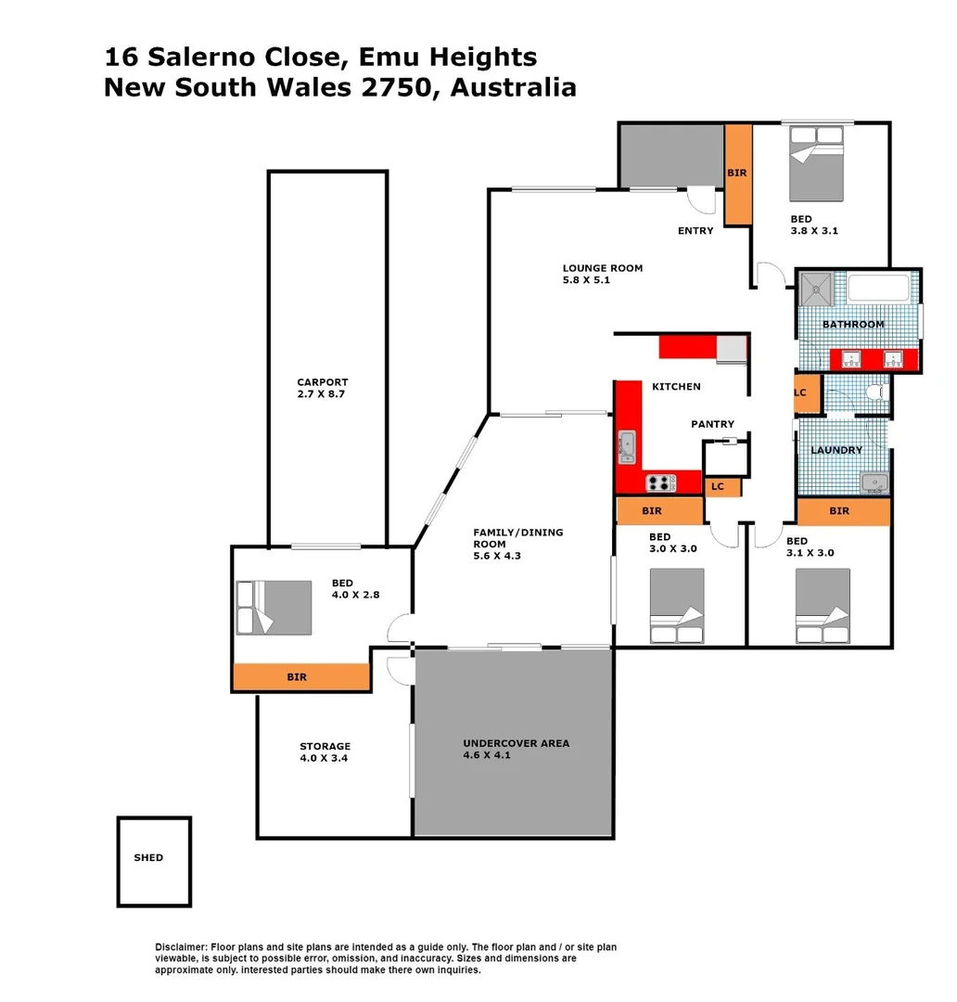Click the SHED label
coord(148,858)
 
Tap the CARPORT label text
coord(323,382)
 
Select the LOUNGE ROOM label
coord(602,268)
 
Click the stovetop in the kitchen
coord(660,482)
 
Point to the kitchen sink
coord(627,446)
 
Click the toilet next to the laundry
coord(874,394)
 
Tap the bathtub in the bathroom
coord(878,289)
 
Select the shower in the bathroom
coord(818,289)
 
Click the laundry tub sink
coord(874,482)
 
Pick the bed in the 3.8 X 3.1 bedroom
coord(816,163)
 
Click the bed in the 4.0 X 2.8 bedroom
coord(274,608)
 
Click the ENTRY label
coord(695,231)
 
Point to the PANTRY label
coord(712,424)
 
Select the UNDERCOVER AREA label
coord(517,743)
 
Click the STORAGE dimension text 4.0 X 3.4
coord(325,758)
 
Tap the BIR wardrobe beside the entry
coord(737,173)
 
